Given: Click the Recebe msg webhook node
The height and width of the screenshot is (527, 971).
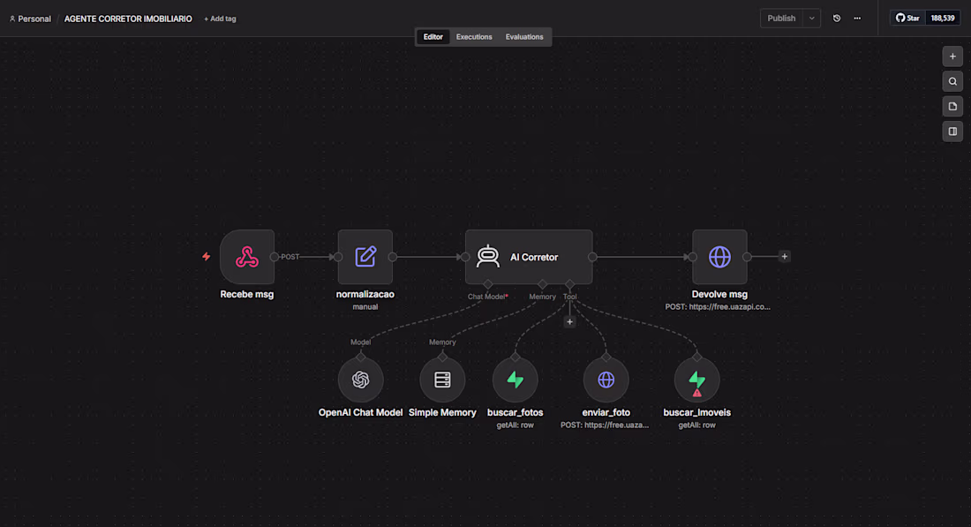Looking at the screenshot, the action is coord(247,257).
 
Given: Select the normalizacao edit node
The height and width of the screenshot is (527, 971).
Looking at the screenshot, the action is coord(365,257).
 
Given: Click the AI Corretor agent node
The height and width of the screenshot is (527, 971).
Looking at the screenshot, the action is coord(529,257).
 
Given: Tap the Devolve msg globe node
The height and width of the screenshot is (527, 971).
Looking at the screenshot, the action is coord(719,257).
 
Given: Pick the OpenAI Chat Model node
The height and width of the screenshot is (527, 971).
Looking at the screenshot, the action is coord(360,380).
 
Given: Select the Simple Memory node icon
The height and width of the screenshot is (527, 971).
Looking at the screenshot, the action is coord(442,380).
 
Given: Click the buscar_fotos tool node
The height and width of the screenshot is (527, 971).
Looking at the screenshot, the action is coord(516,380).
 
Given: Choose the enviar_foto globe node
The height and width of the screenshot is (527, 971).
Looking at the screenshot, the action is coord(606,380).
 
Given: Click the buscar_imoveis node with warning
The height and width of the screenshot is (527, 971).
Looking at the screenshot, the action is coord(697,380).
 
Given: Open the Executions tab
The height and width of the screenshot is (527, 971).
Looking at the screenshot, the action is coord(474,37).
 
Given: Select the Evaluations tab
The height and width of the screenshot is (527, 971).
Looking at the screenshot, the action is coord(524,37).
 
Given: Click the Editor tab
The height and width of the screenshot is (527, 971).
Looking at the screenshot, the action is coord(433,37).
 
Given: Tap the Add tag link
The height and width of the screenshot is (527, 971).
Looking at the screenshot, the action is coord(220,19).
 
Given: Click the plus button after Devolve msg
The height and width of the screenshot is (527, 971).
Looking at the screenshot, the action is coord(785,256).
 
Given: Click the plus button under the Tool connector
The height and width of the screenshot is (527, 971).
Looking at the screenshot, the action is coord(569,322).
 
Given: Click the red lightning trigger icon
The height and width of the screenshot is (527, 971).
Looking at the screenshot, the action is coord(207,256).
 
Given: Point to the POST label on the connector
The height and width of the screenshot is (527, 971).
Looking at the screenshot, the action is coord(290,257).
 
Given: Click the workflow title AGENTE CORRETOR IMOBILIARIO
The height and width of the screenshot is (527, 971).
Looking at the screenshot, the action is coord(128,19).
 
